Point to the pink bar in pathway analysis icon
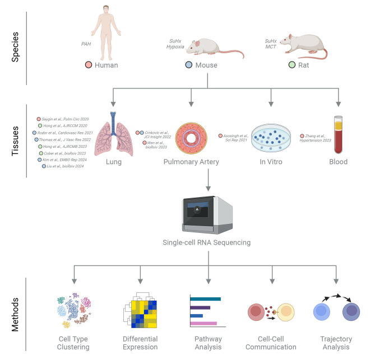click(203, 324)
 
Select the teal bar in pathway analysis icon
click(206, 298)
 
